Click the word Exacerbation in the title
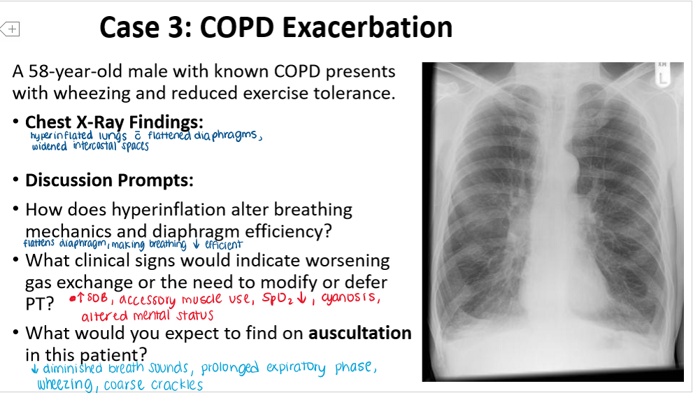click(368, 27)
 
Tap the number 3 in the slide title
click(178, 27)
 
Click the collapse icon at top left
click(11, 29)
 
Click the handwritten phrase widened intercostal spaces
click(90, 146)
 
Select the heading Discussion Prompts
click(109, 180)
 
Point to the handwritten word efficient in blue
click(223, 244)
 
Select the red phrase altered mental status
click(147, 316)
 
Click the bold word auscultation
click(358, 333)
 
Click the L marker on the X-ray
click(662, 79)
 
